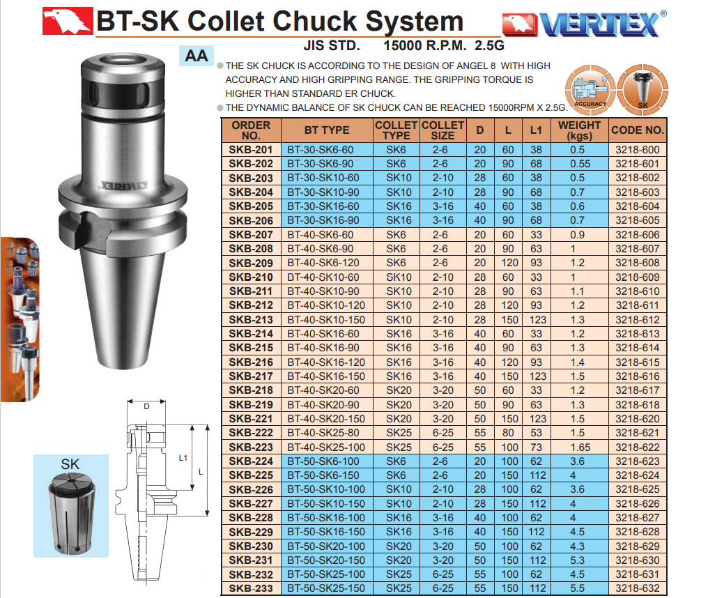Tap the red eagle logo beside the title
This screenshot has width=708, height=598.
(68, 21)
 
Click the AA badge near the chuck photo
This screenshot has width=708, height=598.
(197, 56)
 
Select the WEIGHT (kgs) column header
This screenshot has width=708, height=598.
(579, 130)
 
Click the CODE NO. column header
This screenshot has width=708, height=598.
(638, 130)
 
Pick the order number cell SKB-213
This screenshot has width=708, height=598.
(251, 320)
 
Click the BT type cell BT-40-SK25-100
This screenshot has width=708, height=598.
(326, 447)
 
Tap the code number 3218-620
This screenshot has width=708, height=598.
(637, 419)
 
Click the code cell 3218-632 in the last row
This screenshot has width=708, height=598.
(637, 588)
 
